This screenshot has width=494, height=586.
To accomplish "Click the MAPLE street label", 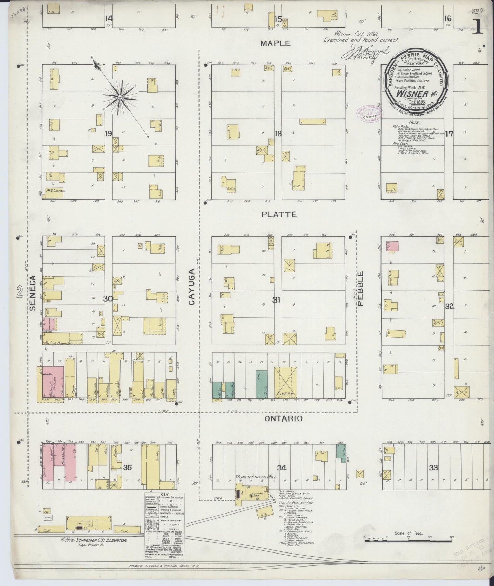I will (275, 43).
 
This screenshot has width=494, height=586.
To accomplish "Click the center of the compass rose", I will (120, 98).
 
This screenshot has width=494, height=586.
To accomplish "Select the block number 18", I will (278, 134).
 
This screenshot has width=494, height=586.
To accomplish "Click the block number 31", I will (277, 300).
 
